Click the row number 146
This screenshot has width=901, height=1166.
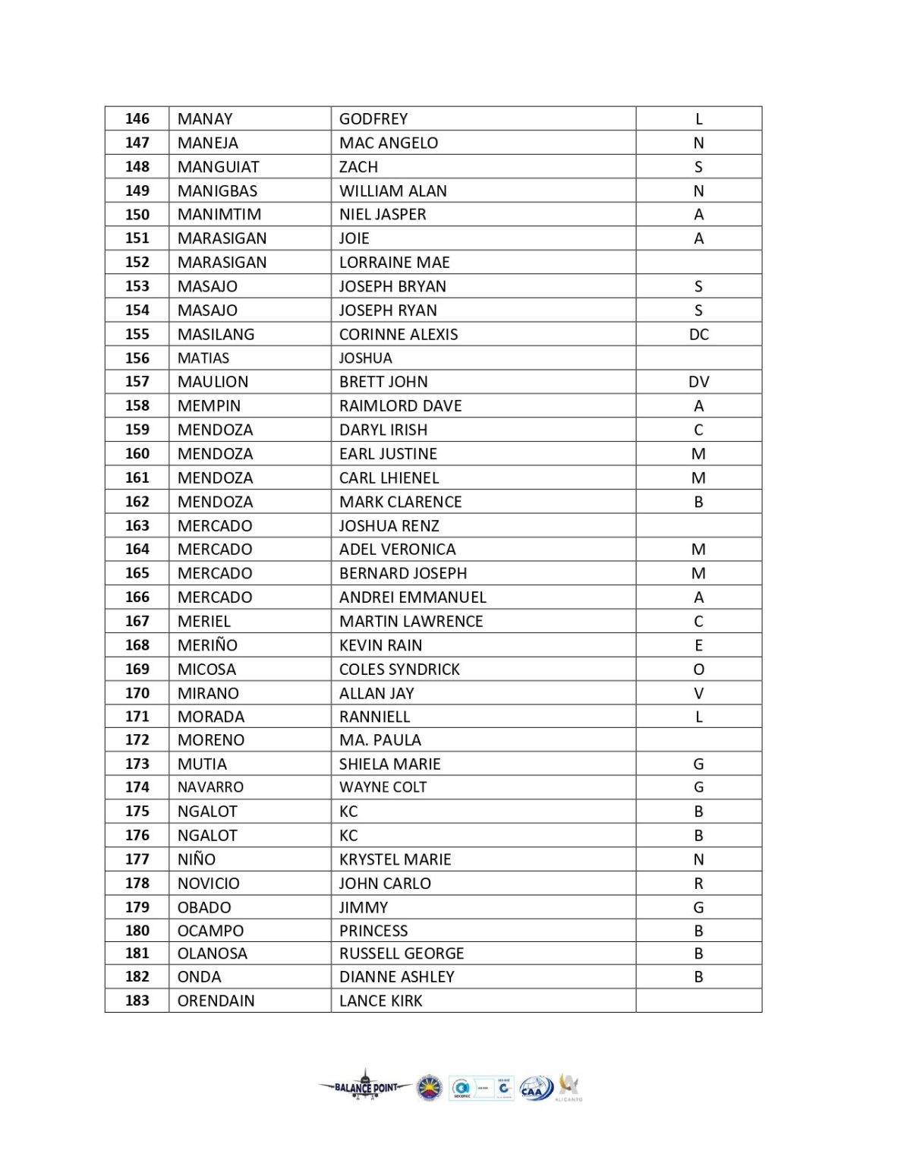pos(137,118)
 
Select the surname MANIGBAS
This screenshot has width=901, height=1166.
pos(217,191)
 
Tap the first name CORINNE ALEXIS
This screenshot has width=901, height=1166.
pos(399,334)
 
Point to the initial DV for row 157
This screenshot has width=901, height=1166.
pos(698,382)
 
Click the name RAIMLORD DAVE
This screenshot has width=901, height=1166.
pos(400,405)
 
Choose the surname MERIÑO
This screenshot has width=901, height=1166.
pos(207,645)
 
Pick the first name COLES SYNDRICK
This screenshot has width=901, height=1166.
pos(399,669)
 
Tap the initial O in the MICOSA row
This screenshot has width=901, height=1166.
pos(698,669)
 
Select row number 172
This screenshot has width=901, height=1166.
pos(137,739)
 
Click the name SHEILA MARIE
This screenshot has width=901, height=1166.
pos(389,764)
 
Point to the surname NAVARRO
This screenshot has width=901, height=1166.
pos(210,787)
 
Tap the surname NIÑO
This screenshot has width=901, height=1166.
pos(197,859)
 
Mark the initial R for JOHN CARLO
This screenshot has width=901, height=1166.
pos(698,883)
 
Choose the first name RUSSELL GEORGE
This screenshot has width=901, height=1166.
pos(402,953)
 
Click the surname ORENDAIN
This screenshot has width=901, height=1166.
pos(216,1001)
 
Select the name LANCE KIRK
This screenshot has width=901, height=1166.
pos(380,1001)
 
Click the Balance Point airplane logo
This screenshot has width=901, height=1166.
pos(365,1087)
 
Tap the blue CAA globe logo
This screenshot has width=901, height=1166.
pos(536,1089)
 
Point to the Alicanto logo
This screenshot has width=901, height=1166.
pos(569,1087)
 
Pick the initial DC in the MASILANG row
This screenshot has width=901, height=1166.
pos(698,334)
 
